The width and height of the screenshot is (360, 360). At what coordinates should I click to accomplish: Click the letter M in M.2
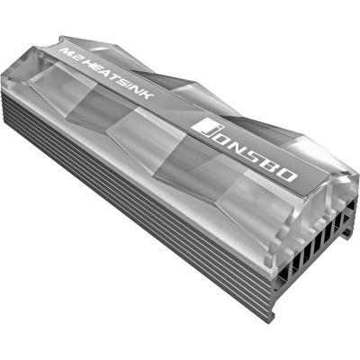click(66, 51)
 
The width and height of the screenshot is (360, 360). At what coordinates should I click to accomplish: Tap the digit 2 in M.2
click(76, 58)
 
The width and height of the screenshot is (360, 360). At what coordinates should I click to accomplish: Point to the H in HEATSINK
click(88, 64)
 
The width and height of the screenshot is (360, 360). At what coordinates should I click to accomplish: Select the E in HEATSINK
click(97, 69)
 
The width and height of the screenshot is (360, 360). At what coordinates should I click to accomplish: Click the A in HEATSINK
click(106, 75)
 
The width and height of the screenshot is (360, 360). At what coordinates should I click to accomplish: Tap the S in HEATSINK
click(125, 84)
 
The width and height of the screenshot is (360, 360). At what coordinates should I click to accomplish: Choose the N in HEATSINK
click(139, 92)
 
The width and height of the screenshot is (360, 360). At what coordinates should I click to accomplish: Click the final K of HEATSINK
click(148, 96)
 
